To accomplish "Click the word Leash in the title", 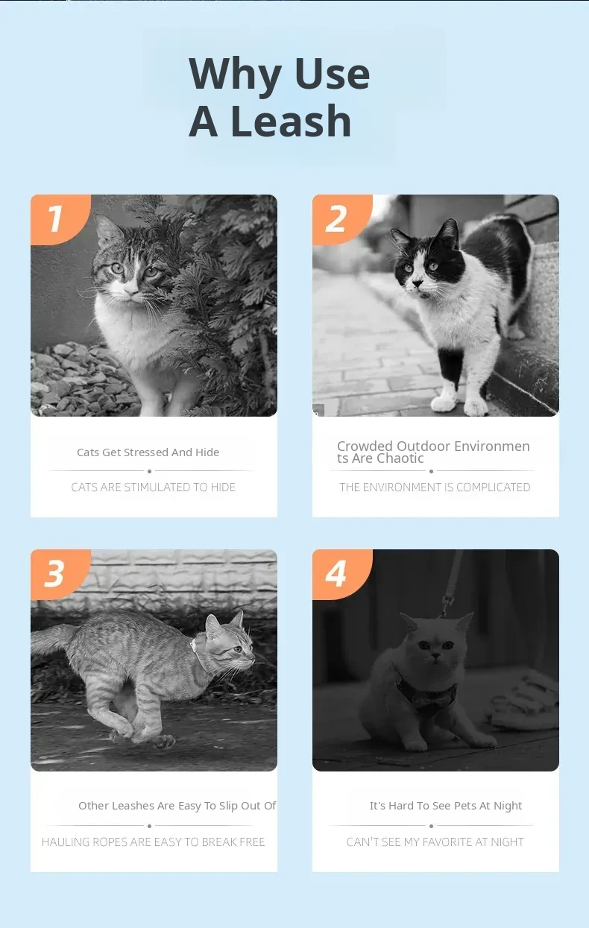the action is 291,121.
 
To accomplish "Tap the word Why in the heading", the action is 235,74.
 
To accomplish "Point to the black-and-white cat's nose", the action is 418,284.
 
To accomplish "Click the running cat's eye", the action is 239,648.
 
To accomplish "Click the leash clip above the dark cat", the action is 447,605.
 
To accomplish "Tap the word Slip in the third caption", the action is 228,806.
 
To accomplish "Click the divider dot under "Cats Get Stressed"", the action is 150,471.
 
